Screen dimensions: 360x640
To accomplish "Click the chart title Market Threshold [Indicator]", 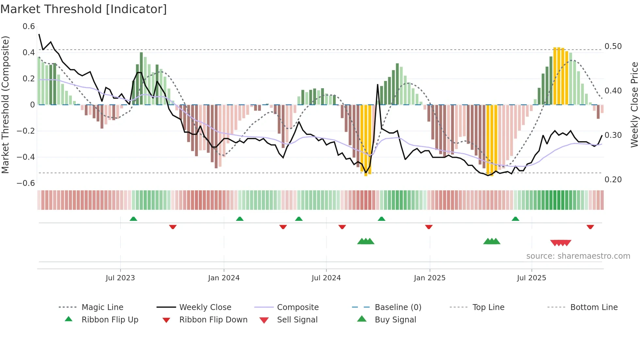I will click(84, 9).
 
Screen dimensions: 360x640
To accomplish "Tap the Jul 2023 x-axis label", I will click(120, 278).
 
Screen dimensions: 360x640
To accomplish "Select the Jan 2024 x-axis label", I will click(224, 278).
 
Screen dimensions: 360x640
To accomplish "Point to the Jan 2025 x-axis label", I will click(429, 278).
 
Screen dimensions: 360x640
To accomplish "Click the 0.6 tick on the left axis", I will click(29, 26).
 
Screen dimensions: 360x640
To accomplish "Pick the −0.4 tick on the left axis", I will click(26, 157).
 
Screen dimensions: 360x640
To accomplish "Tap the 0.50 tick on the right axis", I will click(613, 46).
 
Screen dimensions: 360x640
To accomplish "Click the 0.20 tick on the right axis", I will click(613, 180).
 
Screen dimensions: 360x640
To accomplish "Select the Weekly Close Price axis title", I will click(634, 105).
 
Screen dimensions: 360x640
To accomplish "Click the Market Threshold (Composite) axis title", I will click(5, 105).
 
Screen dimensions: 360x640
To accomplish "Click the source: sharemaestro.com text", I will click(578, 256).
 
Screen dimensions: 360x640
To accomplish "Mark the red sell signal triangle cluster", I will click(560, 243).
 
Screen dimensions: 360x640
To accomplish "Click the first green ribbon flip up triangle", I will click(133, 219).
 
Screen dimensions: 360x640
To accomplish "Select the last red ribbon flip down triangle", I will click(590, 227).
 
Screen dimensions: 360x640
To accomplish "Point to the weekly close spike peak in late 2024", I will click(377, 85).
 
